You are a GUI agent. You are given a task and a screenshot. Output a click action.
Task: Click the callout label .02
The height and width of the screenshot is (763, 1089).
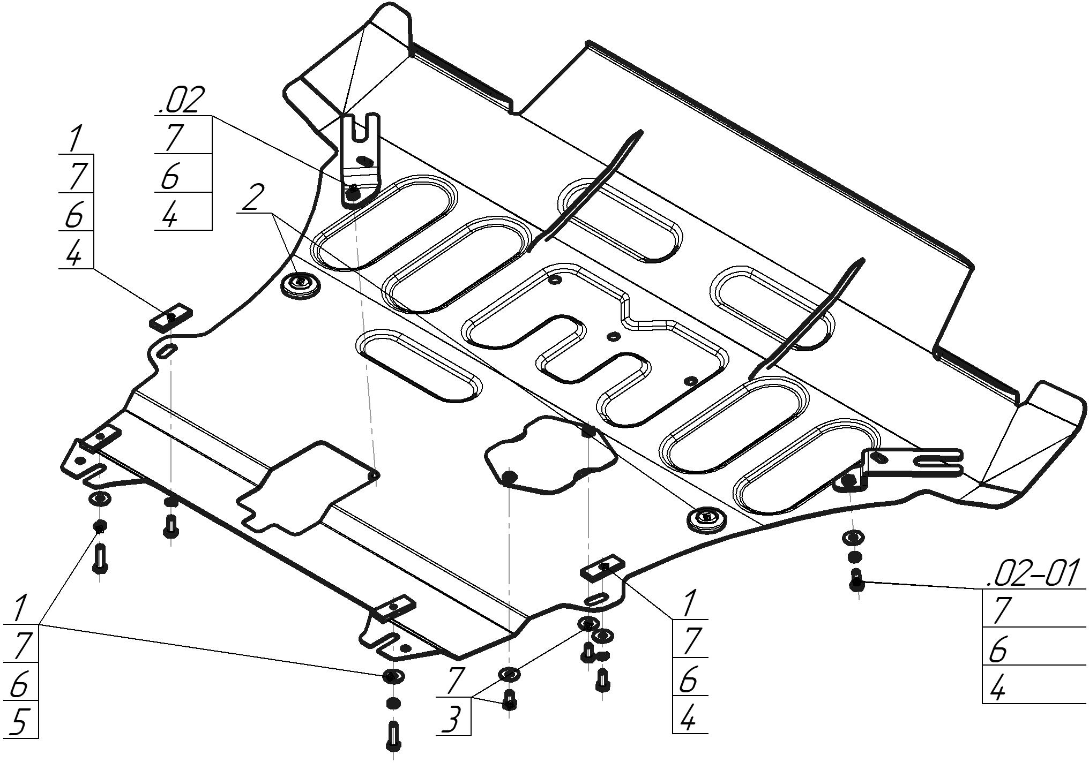[181, 100]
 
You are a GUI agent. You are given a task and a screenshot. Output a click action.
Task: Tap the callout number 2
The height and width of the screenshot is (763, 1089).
[253, 198]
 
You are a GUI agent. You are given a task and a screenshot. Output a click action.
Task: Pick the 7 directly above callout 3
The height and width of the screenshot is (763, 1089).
[454, 681]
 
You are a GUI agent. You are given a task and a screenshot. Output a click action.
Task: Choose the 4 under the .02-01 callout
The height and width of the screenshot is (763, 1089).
[997, 688]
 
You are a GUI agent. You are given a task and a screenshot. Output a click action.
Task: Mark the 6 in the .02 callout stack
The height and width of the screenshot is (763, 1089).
[170, 176]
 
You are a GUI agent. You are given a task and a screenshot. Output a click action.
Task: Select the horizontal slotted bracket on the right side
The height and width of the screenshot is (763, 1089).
[911, 464]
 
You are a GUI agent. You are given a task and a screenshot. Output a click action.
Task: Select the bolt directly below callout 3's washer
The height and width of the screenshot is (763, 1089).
[510, 699]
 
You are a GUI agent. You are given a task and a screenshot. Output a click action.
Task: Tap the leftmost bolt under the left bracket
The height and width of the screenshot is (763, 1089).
[100, 558]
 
